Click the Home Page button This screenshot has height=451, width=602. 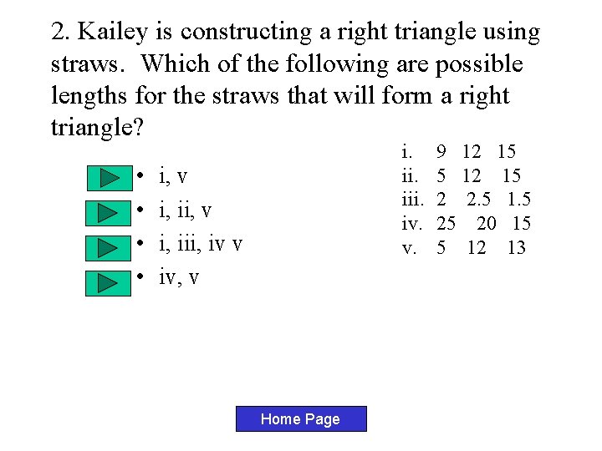coord(300,419)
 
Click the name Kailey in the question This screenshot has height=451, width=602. coord(111,32)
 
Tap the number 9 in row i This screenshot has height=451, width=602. coord(441,153)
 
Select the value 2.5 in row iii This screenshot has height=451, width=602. coord(478,200)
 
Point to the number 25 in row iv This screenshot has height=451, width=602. coord(446,223)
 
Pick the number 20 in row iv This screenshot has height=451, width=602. coord(487,223)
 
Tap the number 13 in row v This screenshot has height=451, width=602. coord(516,247)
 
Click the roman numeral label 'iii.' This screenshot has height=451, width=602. coord(413,200)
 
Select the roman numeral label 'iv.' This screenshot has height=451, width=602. coord(412,223)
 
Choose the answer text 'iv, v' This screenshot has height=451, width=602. coord(179,276)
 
